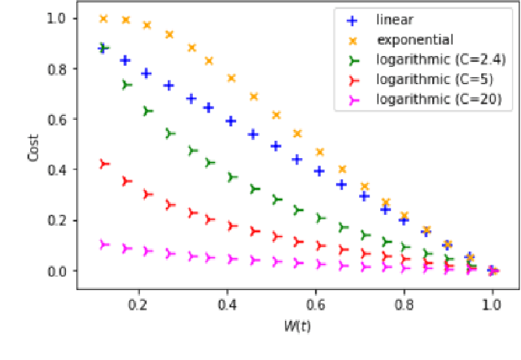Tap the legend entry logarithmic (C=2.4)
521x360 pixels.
(x=429, y=59)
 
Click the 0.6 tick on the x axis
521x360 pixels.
(x=316, y=302)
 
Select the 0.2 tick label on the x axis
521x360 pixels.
(x=139, y=302)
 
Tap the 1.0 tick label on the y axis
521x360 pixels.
(x=59, y=18)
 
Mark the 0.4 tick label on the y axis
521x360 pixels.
(x=59, y=169)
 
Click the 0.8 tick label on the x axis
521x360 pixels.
(x=404, y=302)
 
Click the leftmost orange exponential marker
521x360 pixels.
(x=103, y=18)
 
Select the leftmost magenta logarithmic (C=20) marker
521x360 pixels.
(x=103, y=244)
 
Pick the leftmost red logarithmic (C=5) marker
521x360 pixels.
(x=103, y=165)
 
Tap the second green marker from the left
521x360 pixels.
(x=126, y=85)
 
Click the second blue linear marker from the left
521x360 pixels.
(x=125, y=60)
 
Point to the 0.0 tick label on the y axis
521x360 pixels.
(x=59, y=270)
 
